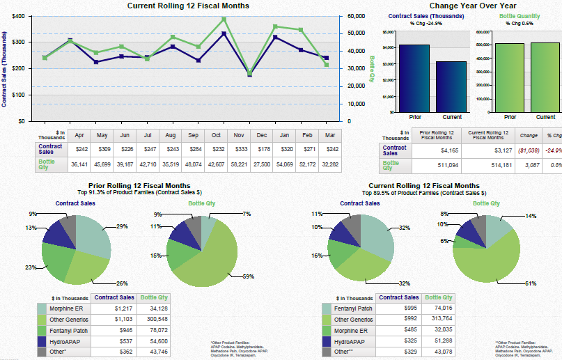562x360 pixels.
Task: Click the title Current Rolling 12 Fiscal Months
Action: coord(188,6)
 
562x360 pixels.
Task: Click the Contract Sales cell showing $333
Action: coord(239,149)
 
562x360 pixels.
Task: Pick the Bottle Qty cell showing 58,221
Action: coord(239,165)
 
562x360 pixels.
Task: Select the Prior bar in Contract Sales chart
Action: coord(414,78)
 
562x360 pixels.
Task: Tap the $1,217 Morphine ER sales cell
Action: coord(122,308)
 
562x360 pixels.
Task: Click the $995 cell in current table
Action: coord(407,308)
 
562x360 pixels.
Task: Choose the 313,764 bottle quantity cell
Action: coord(439,320)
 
